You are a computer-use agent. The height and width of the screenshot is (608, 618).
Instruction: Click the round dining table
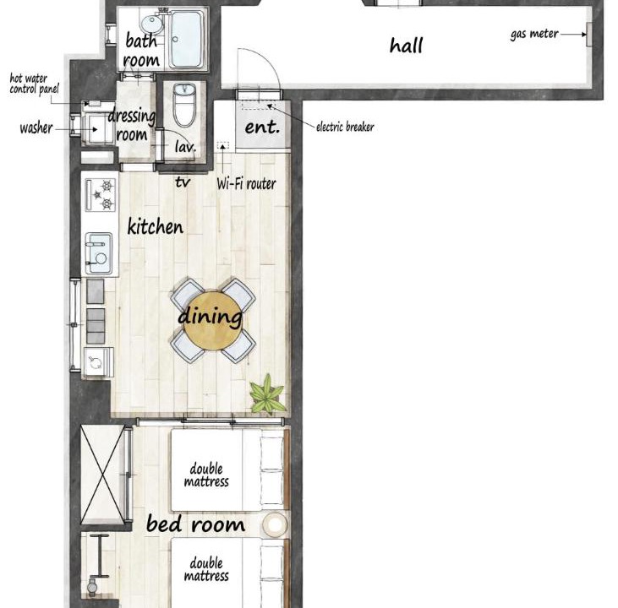tap(213, 321)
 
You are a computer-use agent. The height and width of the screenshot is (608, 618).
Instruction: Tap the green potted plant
tap(267, 394)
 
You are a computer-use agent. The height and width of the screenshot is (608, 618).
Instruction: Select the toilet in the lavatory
tap(184, 105)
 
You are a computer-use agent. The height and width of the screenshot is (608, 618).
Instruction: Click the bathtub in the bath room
tap(187, 39)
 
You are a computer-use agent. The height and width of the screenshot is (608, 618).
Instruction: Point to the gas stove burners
tap(101, 194)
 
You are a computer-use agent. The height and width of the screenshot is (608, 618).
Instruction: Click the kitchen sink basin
tap(99, 253)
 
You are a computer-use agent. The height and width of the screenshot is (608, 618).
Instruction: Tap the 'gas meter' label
tap(534, 35)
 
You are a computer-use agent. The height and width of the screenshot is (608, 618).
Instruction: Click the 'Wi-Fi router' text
tap(246, 183)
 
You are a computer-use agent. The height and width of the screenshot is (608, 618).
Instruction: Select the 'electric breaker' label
tap(345, 127)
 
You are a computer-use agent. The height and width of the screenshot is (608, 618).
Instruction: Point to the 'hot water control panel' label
tap(34, 84)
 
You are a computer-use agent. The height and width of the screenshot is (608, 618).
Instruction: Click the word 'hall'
tap(406, 46)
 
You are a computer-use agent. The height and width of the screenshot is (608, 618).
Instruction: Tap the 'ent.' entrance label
tap(262, 127)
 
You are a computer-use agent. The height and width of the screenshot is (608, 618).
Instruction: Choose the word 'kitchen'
tap(156, 226)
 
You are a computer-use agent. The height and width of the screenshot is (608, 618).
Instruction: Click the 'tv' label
tap(183, 182)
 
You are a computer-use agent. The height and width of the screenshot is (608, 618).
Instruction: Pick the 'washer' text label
tap(36, 128)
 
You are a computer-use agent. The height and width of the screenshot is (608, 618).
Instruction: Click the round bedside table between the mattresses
tap(275, 524)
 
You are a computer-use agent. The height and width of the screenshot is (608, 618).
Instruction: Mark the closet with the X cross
tap(103, 475)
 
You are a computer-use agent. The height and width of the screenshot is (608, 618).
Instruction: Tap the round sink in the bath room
tap(152, 24)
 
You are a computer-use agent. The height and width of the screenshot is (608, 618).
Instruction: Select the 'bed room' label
tap(195, 524)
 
